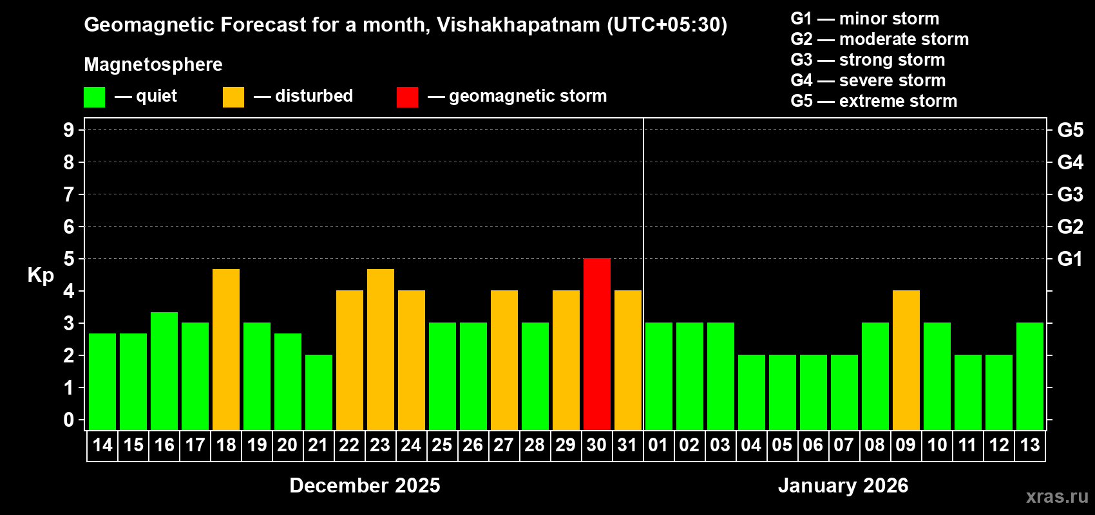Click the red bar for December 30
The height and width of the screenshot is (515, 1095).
(597, 344)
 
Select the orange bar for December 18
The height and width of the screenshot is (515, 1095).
(226, 349)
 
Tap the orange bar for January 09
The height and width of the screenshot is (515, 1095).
(906, 360)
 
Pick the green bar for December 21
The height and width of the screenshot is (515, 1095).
(319, 392)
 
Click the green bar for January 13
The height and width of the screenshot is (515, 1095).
(1030, 376)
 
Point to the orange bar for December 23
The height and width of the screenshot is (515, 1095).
(381, 349)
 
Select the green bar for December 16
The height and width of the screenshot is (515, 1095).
(164, 371)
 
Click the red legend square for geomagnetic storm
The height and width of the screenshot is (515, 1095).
(407, 97)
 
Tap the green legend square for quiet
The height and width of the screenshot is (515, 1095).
(95, 97)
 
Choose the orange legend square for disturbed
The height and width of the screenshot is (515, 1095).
(233, 97)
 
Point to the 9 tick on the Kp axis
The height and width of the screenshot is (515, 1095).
(69, 130)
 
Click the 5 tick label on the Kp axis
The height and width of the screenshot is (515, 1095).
(69, 259)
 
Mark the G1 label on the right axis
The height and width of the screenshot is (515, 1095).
(1070, 259)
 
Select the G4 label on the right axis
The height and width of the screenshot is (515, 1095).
(1070, 162)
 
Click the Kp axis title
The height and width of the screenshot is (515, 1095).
(41, 275)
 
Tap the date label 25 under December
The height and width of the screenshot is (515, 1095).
(442, 445)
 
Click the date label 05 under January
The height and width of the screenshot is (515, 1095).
(782, 445)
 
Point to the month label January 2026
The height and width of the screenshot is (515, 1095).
(843, 485)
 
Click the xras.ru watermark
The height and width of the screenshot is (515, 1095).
(1057, 496)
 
